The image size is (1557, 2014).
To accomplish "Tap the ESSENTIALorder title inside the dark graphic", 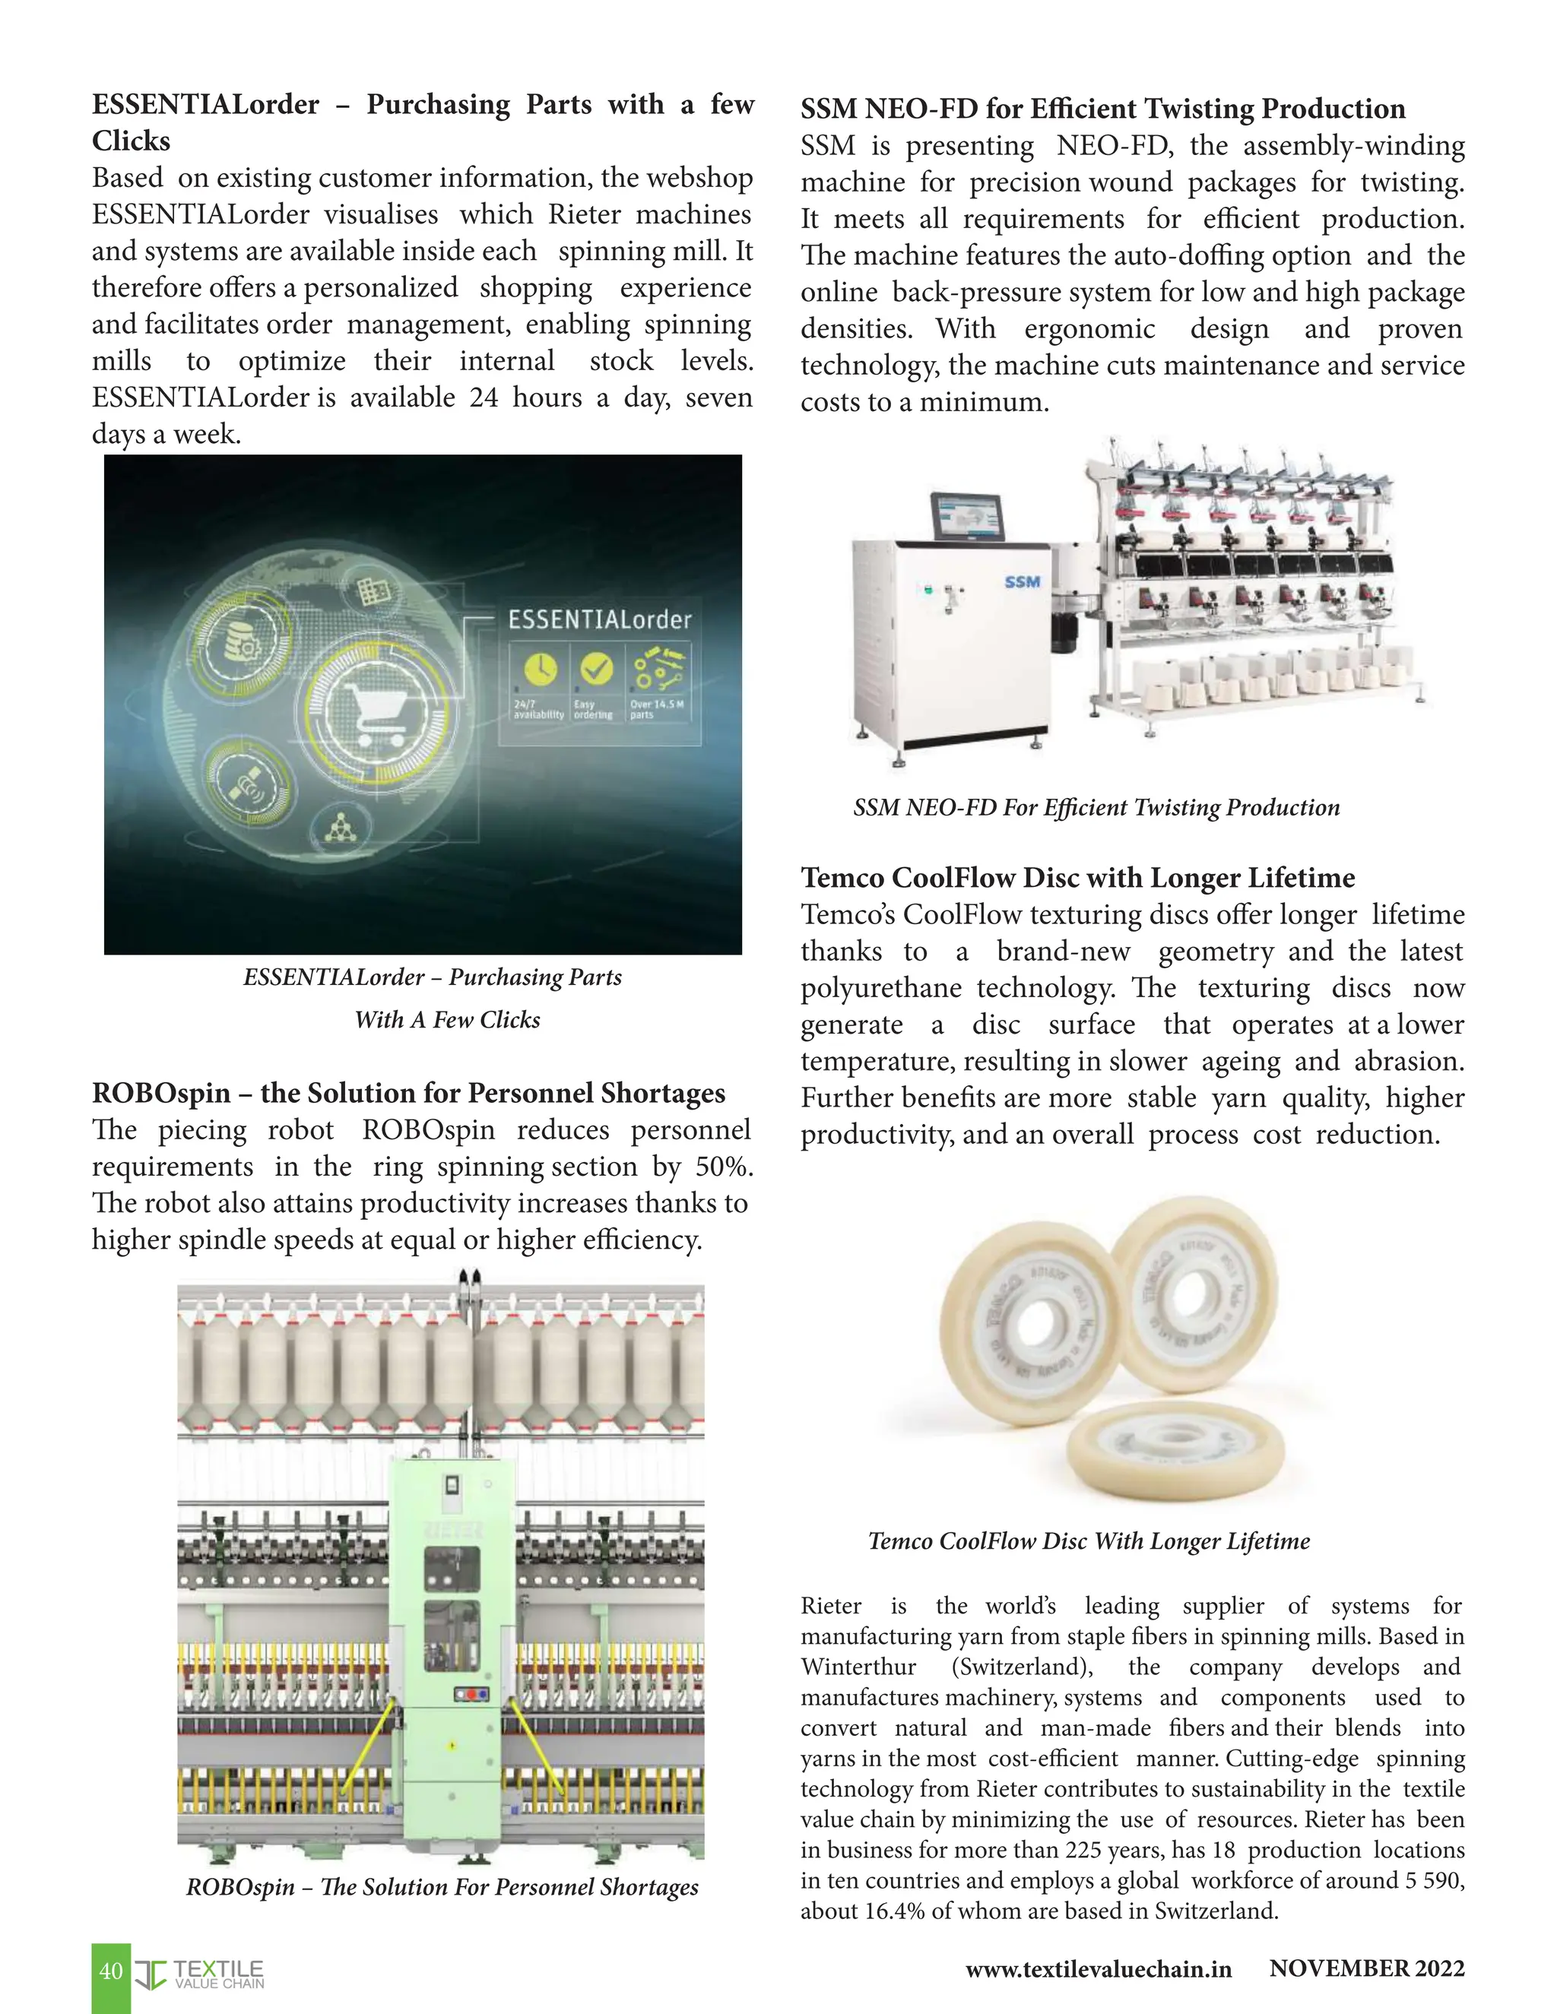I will tap(600, 619).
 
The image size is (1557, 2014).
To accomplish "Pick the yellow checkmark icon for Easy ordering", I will tap(596, 667).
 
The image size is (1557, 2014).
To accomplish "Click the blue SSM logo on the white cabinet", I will tap(1022, 582).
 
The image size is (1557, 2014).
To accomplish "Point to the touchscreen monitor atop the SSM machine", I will tap(967, 518).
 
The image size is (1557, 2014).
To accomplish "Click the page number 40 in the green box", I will tap(111, 1971).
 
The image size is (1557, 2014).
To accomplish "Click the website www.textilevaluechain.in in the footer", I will tap(1098, 1969).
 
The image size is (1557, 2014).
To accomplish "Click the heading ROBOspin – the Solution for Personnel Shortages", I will tap(408, 1093).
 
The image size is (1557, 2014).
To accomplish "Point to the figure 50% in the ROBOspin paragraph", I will tap(723, 1167).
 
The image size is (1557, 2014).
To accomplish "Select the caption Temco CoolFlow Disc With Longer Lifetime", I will tap(1089, 1541).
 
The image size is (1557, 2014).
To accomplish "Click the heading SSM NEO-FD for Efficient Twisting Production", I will tap(1102, 109).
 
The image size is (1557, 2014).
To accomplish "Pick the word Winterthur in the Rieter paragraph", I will tap(858, 1667).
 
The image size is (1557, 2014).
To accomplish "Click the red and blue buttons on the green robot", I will tap(471, 1694).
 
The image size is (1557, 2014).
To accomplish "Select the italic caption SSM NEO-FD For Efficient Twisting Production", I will tap(1096, 808).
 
